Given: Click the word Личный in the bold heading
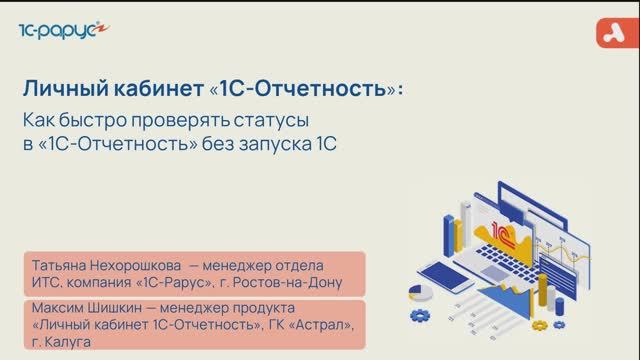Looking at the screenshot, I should tap(62, 89).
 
